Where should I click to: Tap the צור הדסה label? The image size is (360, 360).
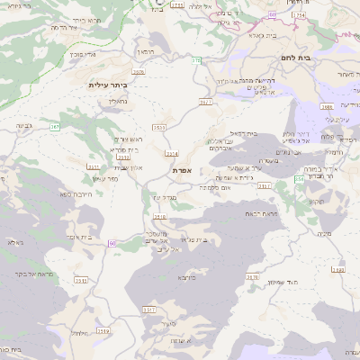(x=68, y=27)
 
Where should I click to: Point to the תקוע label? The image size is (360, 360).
(x=316, y=201)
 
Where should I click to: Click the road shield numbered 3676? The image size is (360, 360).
(x=252, y=277)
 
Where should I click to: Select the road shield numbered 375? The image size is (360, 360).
(x=196, y=60)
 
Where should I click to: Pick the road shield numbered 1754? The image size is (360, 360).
(x=299, y=15)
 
